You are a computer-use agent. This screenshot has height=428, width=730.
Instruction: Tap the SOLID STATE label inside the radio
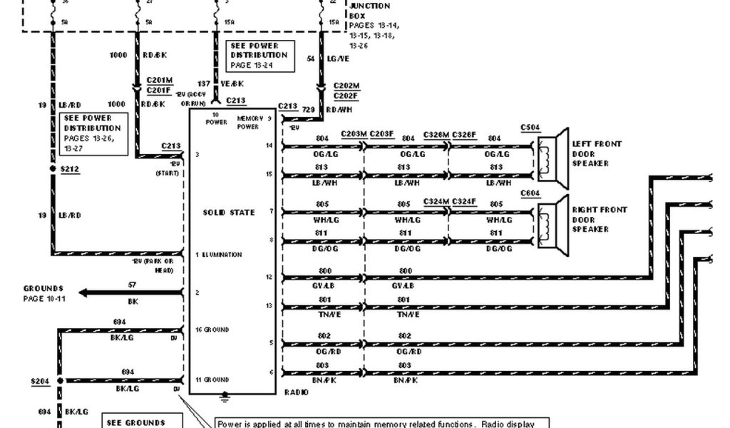(229, 213)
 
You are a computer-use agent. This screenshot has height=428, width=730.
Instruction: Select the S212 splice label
(70, 169)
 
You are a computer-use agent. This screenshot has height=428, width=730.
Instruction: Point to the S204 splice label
(40, 381)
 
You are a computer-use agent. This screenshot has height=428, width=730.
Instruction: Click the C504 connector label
(530, 128)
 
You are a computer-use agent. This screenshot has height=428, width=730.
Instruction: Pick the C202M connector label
(346, 86)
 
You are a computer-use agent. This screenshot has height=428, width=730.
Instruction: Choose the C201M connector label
(159, 81)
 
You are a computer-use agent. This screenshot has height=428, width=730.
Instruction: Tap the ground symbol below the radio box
(225, 394)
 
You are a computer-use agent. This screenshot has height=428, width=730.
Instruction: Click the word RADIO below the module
(297, 392)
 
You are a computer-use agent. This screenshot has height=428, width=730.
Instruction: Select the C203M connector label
(354, 133)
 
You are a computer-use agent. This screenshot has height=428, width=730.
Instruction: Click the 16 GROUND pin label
(212, 330)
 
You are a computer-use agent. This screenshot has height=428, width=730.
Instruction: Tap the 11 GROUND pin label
(212, 380)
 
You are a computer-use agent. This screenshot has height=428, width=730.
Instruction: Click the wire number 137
(205, 83)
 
